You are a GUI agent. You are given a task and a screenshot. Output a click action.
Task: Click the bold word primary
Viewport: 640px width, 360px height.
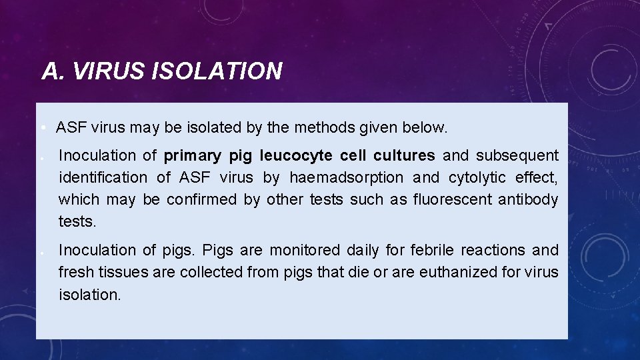coord(192,156)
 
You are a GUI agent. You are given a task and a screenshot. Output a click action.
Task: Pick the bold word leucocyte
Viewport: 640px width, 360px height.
coord(295,156)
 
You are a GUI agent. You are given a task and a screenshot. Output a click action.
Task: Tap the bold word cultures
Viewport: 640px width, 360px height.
coord(404,156)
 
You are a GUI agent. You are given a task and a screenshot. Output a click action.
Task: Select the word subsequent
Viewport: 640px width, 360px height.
coord(517,156)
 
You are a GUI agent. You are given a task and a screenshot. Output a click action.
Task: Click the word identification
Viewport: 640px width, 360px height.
coord(103,178)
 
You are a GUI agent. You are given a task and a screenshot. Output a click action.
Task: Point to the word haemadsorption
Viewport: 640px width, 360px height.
coord(346,178)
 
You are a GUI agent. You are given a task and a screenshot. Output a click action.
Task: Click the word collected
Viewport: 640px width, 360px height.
coord(204,273)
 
